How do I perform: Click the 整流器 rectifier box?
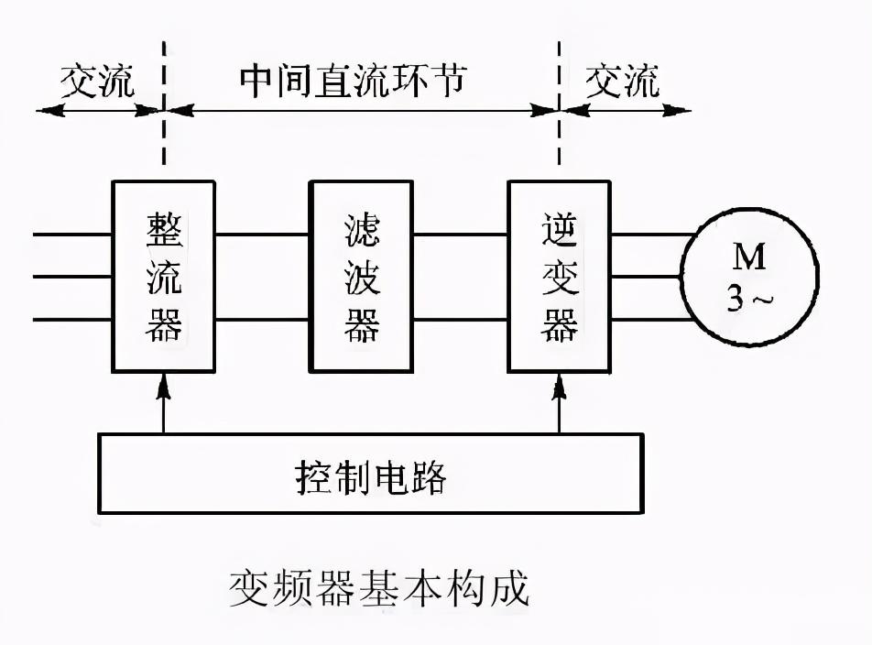[163, 277]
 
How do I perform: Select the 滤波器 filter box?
[361, 277]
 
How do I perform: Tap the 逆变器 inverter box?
[560, 277]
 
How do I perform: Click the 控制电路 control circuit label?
[371, 477]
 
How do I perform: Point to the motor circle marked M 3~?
[749, 277]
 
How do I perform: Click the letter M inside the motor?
[749, 257]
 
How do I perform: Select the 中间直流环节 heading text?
[354, 80]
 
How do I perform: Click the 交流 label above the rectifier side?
[97, 82]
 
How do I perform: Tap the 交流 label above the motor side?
[622, 82]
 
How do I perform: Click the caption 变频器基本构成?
[378, 587]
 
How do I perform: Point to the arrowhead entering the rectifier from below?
[163, 385]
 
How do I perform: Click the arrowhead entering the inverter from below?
[560, 385]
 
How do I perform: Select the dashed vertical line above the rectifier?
[163, 103]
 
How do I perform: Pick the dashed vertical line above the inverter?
[560, 103]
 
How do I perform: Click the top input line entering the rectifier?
[72, 235]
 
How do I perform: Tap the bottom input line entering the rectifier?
[72, 319]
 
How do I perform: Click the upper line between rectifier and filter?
[262, 235]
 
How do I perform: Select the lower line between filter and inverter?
[460, 319]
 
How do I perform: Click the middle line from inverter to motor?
[646, 277]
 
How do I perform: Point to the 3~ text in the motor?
[749, 299]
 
